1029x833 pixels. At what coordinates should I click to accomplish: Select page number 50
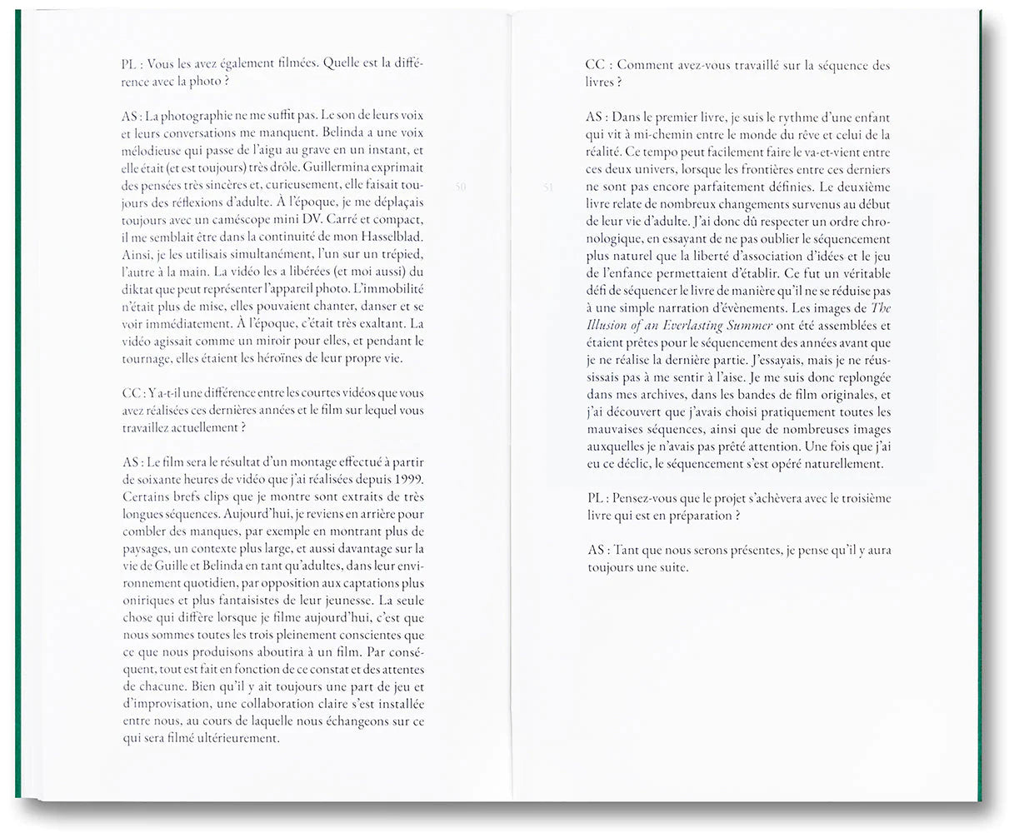coord(461,187)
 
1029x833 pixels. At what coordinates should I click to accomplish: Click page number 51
coord(548,187)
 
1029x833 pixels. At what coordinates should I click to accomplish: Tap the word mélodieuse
coord(153,151)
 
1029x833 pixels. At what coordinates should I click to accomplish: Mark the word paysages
coord(147,549)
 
